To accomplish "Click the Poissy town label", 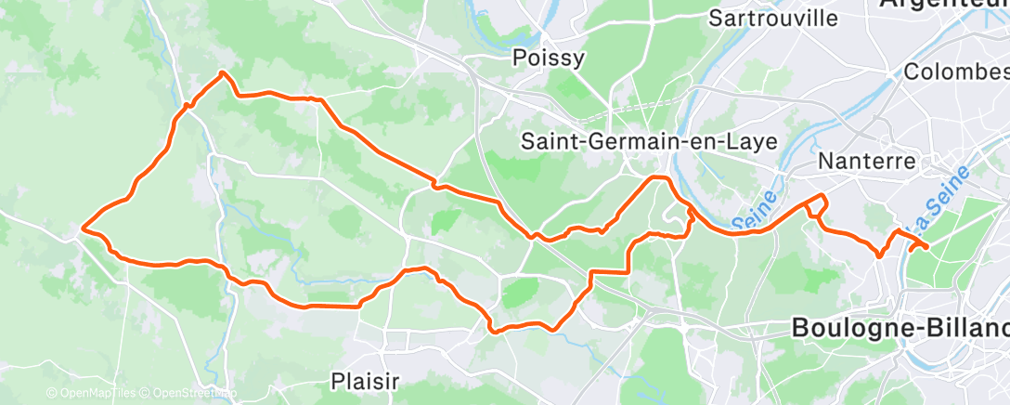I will pos(549,59).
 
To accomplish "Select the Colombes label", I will pos(956,72).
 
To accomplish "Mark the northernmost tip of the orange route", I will pos(221,72).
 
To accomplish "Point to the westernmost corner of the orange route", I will pos(83,227).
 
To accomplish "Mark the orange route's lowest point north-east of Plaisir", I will pos(495,330).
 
